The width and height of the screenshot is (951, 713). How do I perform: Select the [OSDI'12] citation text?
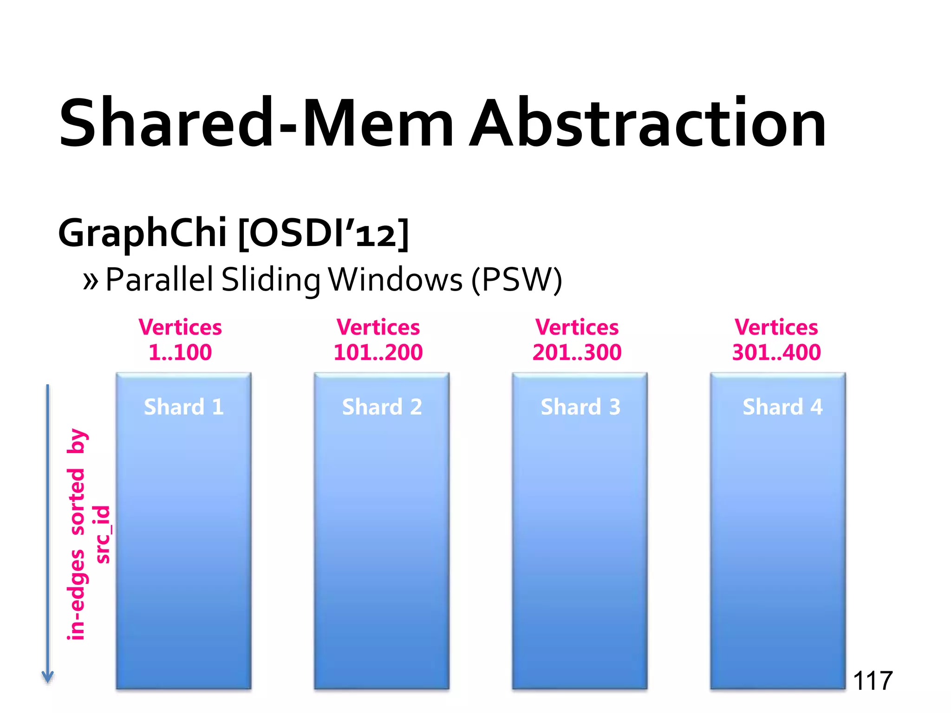click(x=324, y=233)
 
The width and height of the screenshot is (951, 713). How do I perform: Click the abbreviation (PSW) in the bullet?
click(x=516, y=280)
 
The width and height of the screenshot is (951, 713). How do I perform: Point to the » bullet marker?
click(x=91, y=280)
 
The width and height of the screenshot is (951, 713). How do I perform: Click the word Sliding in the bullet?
click(x=271, y=280)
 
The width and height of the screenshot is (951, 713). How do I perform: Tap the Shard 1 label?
click(x=184, y=407)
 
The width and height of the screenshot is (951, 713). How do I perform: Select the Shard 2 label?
click(x=382, y=407)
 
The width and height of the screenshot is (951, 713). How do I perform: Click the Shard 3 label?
click(x=580, y=407)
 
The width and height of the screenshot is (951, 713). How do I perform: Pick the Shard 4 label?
click(x=782, y=407)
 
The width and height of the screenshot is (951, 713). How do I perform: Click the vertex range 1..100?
click(x=180, y=352)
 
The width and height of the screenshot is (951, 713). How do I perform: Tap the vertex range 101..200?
click(x=378, y=352)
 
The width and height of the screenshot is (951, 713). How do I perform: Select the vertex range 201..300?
click(x=577, y=352)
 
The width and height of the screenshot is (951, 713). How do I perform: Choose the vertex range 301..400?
click(x=776, y=352)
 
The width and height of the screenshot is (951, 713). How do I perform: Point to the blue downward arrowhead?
click(x=48, y=677)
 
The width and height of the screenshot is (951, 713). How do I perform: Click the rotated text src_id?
click(x=102, y=534)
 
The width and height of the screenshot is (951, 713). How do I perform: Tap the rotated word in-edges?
click(x=76, y=595)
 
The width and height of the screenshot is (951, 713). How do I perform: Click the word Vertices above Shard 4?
click(x=776, y=327)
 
